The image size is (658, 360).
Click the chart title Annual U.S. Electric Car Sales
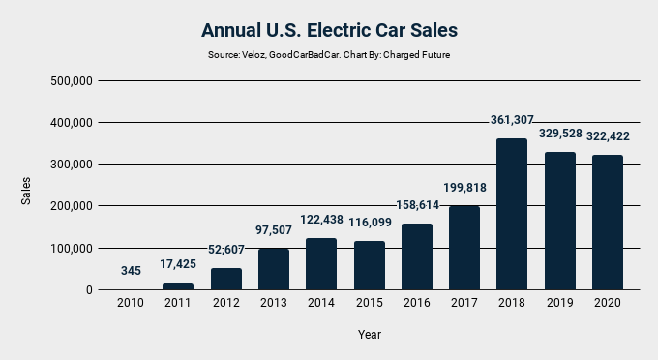click(x=329, y=30)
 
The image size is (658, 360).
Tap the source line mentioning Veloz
click(x=329, y=55)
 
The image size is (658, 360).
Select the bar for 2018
click(x=512, y=214)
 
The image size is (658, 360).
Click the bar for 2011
click(x=178, y=285)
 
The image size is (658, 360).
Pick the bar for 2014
click(x=321, y=263)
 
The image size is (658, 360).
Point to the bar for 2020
click(x=608, y=222)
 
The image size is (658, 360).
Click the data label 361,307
click(x=512, y=120)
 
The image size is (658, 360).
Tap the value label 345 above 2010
click(x=131, y=271)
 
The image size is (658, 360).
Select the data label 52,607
click(x=225, y=250)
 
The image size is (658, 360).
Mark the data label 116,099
click(x=369, y=223)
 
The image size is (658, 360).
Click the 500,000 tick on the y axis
click(x=70, y=81)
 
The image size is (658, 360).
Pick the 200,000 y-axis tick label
click(x=70, y=206)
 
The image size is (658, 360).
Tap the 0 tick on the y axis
click(x=89, y=290)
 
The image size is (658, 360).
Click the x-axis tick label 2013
click(x=274, y=303)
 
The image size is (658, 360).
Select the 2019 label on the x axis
click(x=559, y=303)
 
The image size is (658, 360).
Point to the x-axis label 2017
click(x=464, y=303)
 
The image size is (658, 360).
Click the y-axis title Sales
click(x=27, y=190)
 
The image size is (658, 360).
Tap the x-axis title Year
click(x=369, y=335)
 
